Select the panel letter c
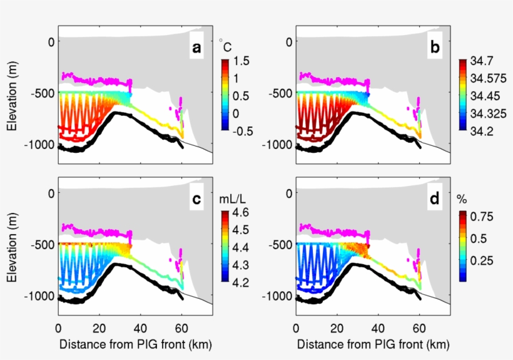coord(197,199)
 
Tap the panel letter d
coord(435,199)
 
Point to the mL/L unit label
coord(230,199)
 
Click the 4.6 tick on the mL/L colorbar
coord(242,213)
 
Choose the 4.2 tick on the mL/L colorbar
coord(242,282)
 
